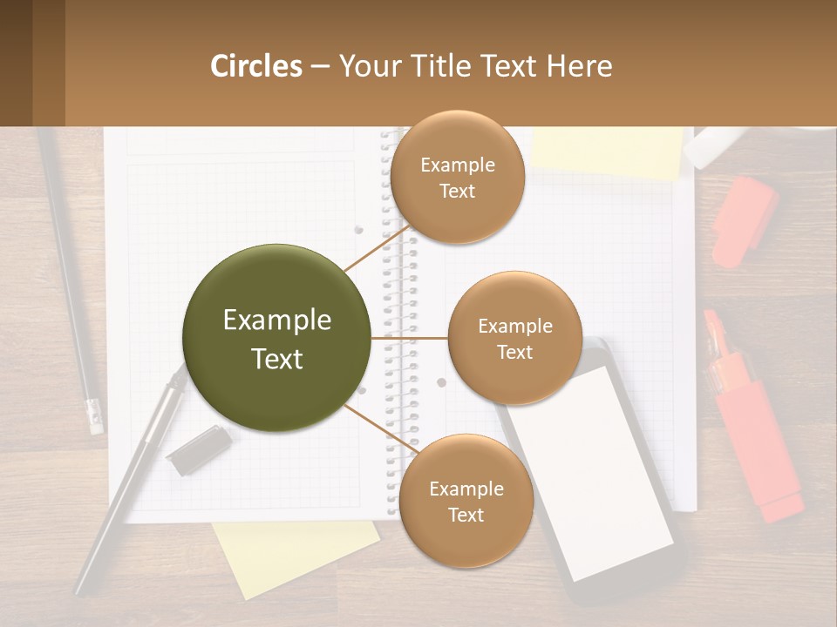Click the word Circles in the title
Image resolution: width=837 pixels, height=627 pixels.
[256, 66]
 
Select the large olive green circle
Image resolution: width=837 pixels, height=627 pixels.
[276, 338]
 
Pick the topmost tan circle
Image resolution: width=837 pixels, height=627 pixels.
[457, 177]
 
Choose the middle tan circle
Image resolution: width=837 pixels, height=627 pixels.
[514, 338]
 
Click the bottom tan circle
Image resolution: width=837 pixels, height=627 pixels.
[466, 501]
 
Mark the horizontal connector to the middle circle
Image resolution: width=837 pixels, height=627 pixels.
[409, 338]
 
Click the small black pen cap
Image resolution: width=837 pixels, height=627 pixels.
[198, 450]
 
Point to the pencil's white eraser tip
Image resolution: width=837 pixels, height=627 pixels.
[93, 416]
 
